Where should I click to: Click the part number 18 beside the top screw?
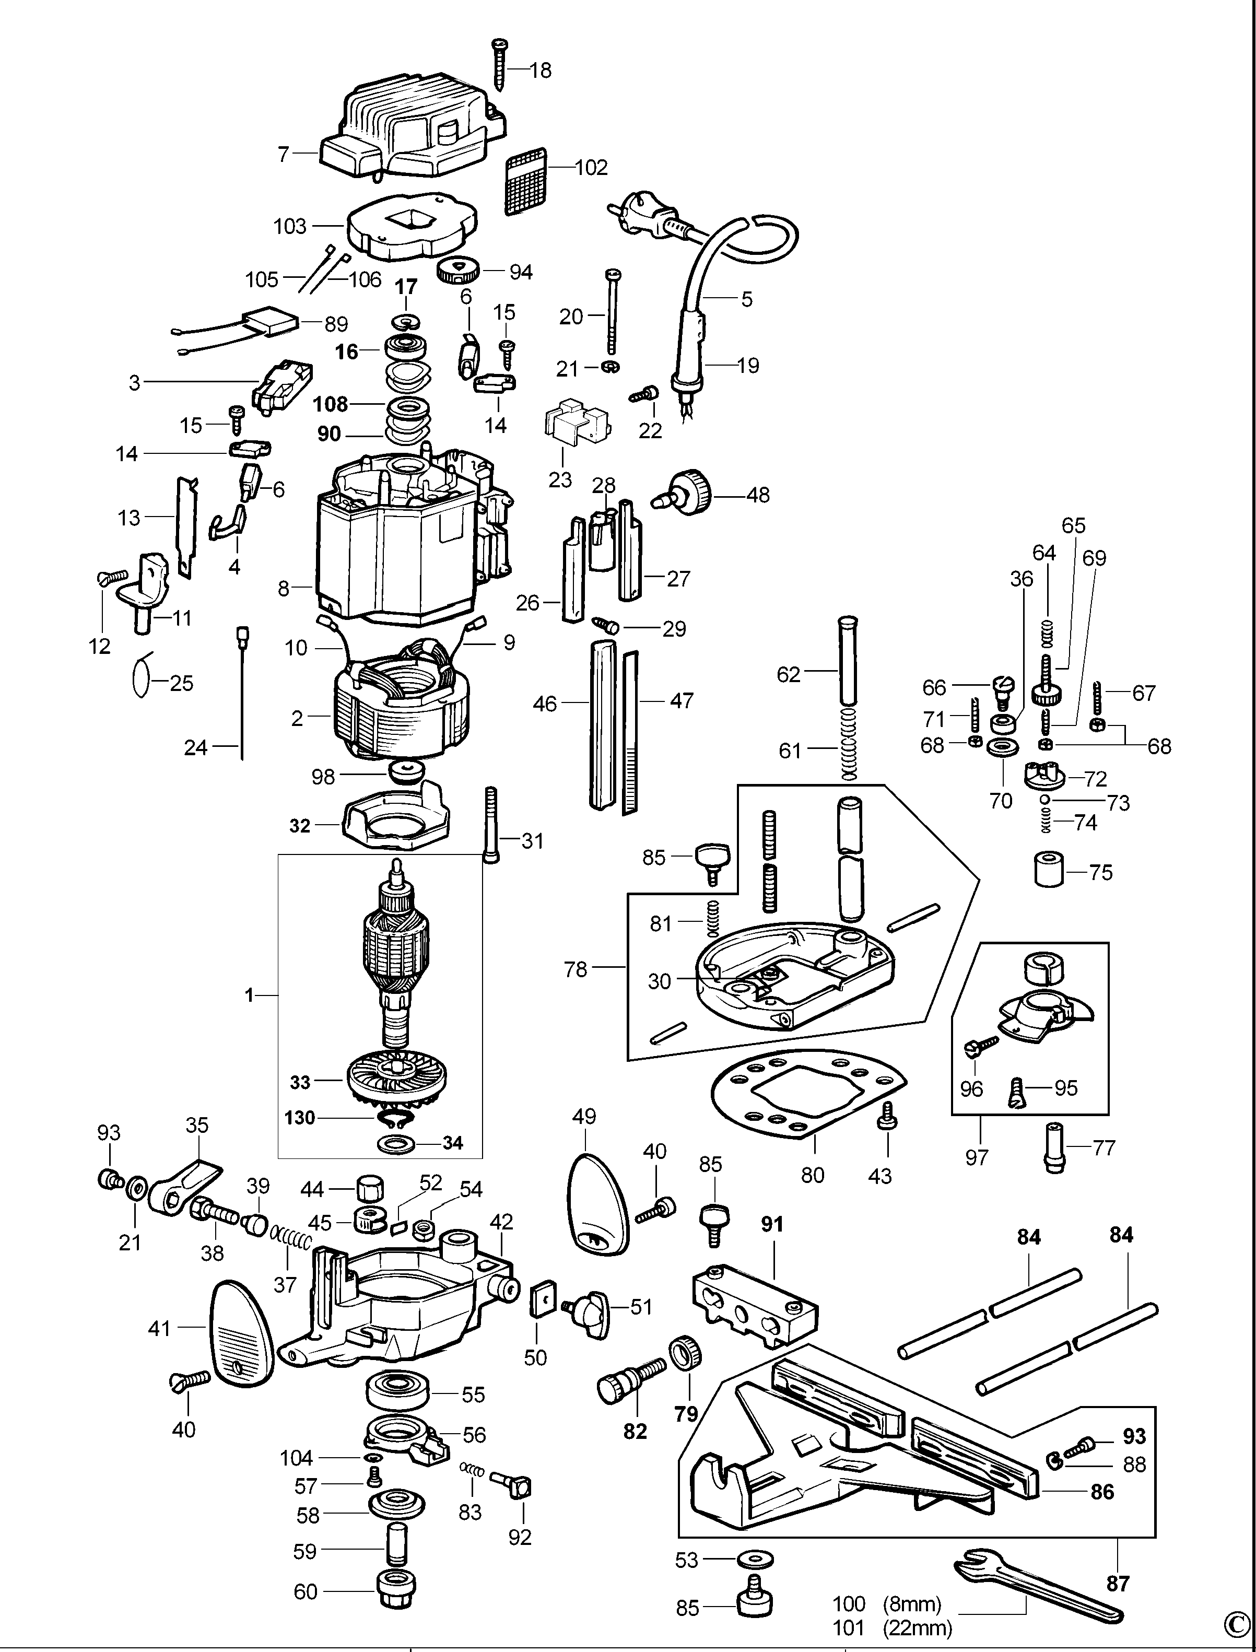click(540, 71)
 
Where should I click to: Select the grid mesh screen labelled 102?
click(528, 185)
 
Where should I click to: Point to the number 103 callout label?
click(290, 226)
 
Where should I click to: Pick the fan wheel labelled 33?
click(397, 1080)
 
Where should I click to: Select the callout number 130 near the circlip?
click(300, 1118)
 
